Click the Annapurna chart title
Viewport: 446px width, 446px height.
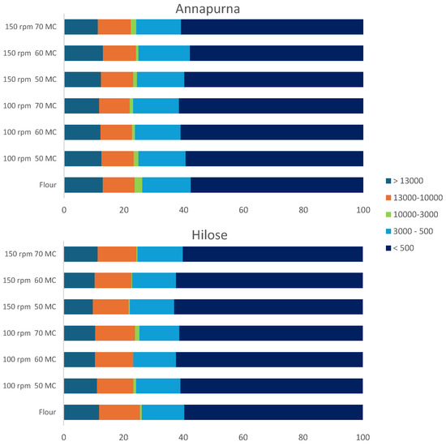click(208, 9)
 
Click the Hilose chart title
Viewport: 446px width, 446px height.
click(210, 235)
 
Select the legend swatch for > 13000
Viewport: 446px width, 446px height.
click(388, 181)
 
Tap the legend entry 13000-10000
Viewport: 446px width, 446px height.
click(414, 198)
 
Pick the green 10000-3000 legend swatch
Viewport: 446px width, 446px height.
click(388, 214)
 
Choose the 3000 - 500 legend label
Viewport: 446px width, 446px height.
click(413, 231)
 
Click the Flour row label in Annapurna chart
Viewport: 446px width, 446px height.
click(48, 185)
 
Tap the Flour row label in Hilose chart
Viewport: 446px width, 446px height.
click(47, 412)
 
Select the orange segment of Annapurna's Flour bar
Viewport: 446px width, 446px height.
click(118, 185)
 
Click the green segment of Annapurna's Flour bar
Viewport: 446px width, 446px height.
click(138, 185)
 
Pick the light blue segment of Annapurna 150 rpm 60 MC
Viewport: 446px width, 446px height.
click(164, 54)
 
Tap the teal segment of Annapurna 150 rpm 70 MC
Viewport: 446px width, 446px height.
click(81, 27)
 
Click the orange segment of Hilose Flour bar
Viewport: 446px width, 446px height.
click(119, 412)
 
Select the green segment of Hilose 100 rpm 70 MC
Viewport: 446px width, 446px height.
click(137, 333)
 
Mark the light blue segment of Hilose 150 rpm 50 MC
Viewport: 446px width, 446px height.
click(152, 307)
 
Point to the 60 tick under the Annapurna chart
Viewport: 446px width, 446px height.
click(243, 210)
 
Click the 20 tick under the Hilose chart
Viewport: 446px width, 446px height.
click(123, 437)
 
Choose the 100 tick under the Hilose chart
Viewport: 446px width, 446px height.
click(363, 437)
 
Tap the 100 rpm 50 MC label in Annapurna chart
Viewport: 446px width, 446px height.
click(30, 158)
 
